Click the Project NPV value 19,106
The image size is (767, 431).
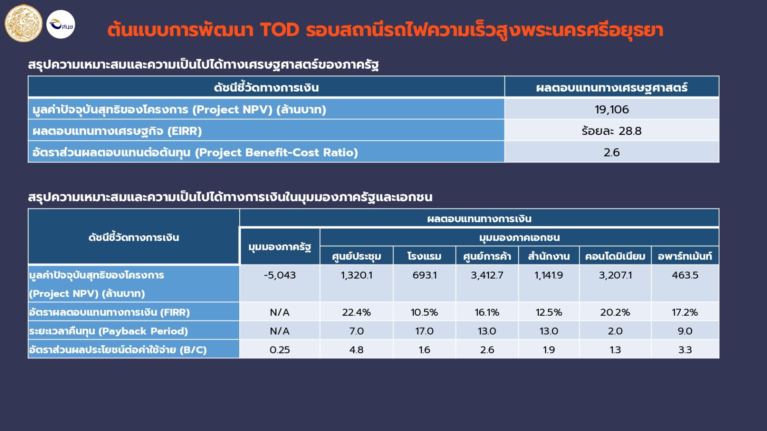(x=612, y=109)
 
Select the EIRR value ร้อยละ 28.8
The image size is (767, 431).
(x=612, y=131)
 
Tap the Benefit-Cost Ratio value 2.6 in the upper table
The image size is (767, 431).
(x=612, y=152)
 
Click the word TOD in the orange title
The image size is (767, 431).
(x=280, y=30)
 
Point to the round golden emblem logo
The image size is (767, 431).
(x=23, y=23)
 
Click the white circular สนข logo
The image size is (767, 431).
(x=61, y=24)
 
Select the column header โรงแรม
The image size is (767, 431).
(x=424, y=256)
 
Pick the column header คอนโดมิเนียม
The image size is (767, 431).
(x=615, y=256)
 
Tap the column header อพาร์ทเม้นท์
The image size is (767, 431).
(x=685, y=256)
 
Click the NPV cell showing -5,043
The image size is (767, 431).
(x=280, y=275)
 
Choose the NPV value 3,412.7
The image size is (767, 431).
(x=487, y=275)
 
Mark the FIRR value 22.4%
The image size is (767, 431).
(x=356, y=312)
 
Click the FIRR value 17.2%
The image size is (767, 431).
(x=685, y=312)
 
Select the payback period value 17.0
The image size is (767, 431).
(x=424, y=331)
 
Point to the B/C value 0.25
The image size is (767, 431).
(x=280, y=350)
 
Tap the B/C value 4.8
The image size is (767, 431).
(x=356, y=350)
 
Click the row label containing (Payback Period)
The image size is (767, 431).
(x=108, y=331)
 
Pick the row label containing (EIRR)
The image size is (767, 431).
(x=117, y=131)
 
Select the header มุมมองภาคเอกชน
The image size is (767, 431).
(x=519, y=237)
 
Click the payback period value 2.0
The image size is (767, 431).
(x=615, y=331)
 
